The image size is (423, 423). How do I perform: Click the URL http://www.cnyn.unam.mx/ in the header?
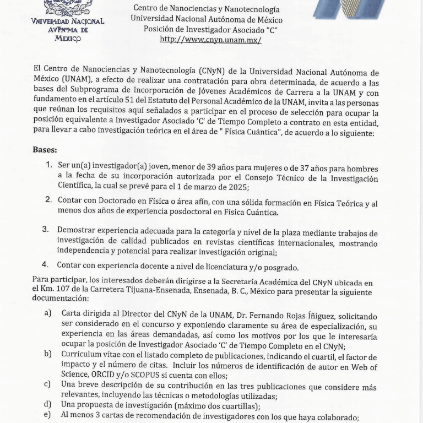210,40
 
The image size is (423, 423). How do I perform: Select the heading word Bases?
45,150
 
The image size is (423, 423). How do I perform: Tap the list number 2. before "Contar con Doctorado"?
49,200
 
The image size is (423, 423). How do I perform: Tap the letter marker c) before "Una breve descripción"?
48,383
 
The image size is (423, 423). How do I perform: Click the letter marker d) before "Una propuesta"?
48,405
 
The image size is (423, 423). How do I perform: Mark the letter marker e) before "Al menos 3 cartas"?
48,415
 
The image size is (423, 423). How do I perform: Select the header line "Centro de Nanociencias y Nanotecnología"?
207,9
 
